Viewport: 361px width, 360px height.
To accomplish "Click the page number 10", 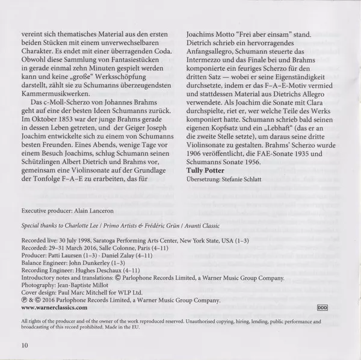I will click(24, 345).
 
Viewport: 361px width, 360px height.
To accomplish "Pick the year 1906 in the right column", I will click(199, 151).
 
